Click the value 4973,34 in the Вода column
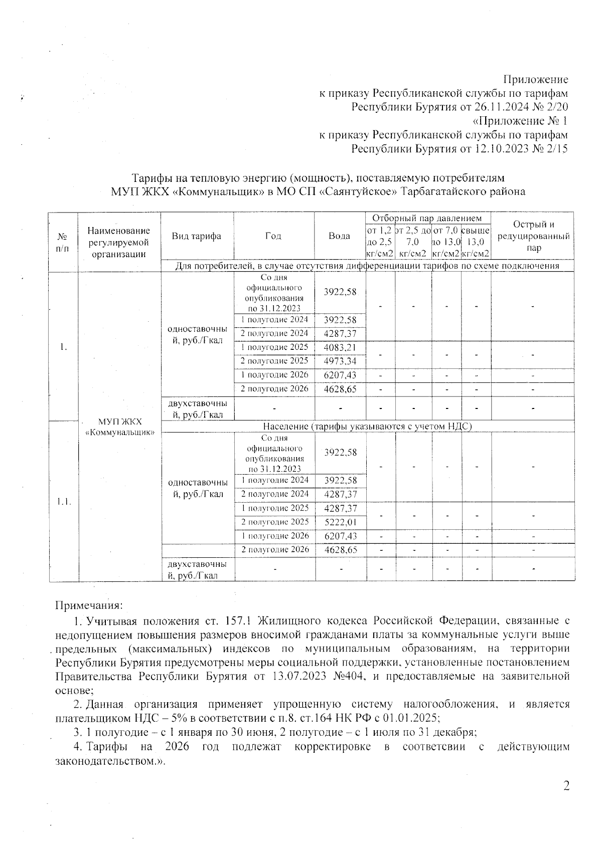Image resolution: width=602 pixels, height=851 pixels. click(340, 361)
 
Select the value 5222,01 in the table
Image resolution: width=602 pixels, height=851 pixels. click(340, 522)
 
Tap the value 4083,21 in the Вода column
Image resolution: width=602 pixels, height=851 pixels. click(340, 347)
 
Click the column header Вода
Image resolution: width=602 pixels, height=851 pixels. click(340, 236)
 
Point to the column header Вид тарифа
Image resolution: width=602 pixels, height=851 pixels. click(196, 236)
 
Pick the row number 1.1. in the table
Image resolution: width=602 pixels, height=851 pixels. click(63, 501)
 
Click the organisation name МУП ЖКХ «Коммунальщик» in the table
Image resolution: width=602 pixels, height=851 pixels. click(119, 427)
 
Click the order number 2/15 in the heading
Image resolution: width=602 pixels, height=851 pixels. click(558, 149)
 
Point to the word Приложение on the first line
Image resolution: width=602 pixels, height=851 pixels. click(535, 79)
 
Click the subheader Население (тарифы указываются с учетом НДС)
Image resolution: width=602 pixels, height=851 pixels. click(368, 426)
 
